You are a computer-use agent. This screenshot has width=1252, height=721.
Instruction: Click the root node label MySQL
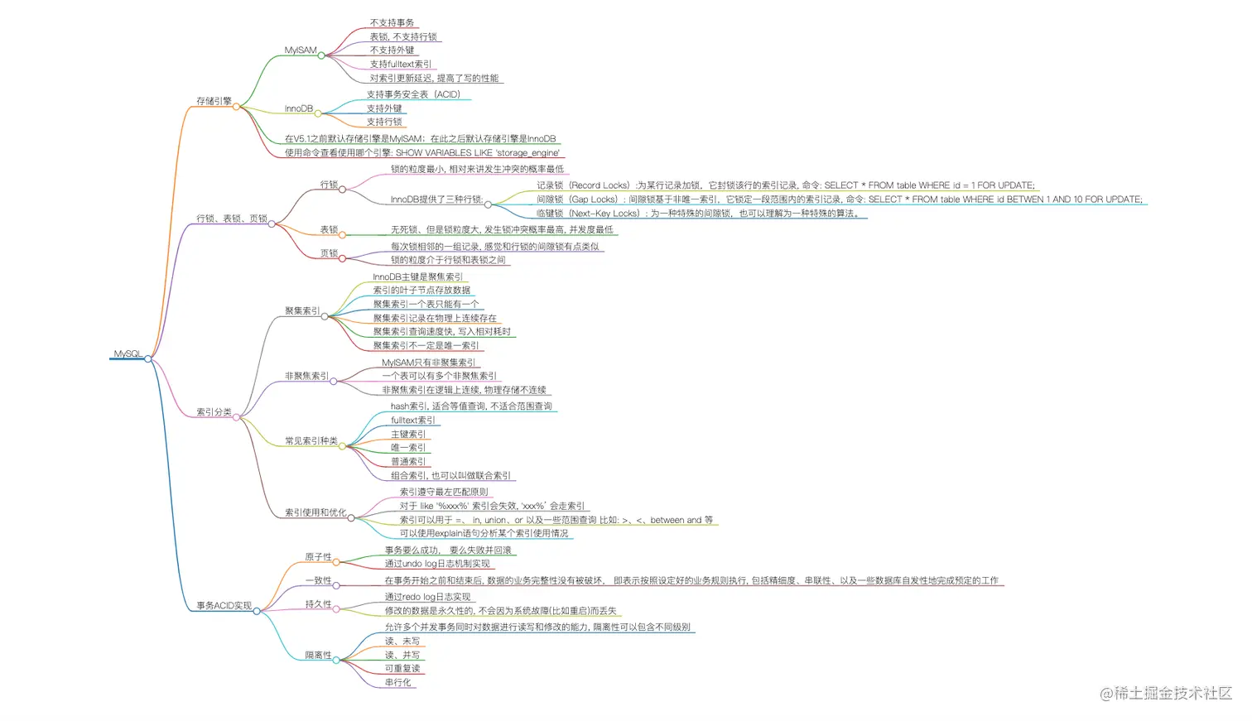tap(128, 353)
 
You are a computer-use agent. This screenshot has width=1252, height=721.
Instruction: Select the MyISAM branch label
tap(301, 50)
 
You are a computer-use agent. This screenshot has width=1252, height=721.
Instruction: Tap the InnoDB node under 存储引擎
tap(299, 108)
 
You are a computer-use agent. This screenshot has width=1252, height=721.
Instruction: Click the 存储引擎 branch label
tap(214, 101)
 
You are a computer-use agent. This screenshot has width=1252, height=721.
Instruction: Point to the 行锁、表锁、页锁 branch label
tap(231, 219)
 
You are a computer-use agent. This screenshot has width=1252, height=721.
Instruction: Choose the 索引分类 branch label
tap(214, 411)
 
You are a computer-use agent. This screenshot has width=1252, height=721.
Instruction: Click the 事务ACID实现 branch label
tap(224, 605)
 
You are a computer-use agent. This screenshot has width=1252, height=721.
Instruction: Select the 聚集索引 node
tap(302, 310)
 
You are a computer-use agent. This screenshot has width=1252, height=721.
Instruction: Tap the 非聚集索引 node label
tap(306, 376)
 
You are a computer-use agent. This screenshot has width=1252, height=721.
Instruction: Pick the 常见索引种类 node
tap(311, 440)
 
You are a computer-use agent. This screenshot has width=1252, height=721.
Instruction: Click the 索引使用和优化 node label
tap(315, 512)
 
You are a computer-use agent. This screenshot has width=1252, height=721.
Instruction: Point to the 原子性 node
tap(318, 557)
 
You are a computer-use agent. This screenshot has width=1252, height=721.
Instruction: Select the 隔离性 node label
tap(318, 655)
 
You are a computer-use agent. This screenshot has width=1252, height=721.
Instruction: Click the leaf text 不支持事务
tap(392, 22)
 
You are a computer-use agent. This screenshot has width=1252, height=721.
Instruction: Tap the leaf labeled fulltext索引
tap(412, 420)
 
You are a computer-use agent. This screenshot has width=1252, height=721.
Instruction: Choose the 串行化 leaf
tap(397, 682)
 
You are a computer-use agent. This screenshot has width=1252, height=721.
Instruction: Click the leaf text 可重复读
tap(402, 668)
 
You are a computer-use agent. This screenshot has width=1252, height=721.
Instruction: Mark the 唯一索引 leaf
tap(407, 447)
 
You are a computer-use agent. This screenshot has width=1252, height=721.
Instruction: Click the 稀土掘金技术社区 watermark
tap(1165, 693)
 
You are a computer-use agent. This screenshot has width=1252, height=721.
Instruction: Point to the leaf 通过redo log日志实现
tap(427, 596)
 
